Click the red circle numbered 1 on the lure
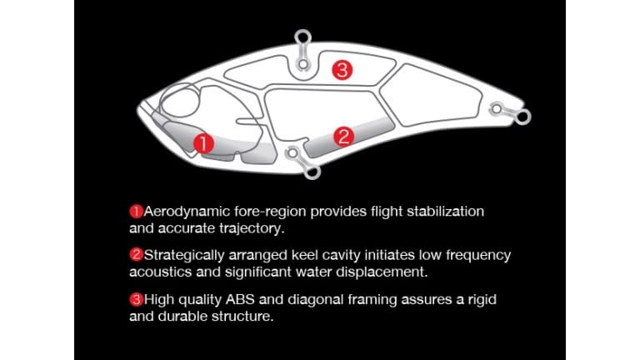(203, 143)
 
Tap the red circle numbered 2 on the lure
(343, 137)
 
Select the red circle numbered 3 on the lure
(342, 70)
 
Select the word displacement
(379, 271)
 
